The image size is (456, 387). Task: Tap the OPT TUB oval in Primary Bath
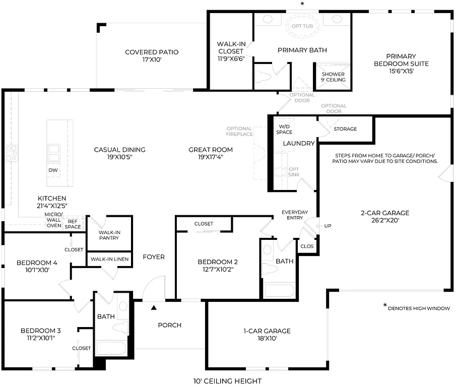click(x=303, y=26)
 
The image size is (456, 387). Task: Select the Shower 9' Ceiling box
click(x=333, y=77)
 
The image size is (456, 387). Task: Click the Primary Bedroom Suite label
click(x=401, y=64)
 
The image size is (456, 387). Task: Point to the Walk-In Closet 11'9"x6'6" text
click(x=231, y=51)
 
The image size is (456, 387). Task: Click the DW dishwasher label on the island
click(x=53, y=170)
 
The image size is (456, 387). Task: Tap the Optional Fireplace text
click(x=239, y=132)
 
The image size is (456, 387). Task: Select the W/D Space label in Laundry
click(x=284, y=129)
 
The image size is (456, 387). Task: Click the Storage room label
click(x=345, y=129)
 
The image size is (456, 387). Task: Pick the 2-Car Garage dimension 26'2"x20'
click(x=384, y=220)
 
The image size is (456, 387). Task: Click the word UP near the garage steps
click(x=328, y=226)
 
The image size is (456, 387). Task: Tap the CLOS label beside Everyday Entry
click(x=306, y=246)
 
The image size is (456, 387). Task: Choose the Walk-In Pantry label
click(x=109, y=235)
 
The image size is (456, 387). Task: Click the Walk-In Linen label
click(x=109, y=259)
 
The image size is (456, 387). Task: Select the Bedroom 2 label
click(x=217, y=262)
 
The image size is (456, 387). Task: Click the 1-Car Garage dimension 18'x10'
click(x=267, y=339)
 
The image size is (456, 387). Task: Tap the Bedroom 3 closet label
click(x=82, y=348)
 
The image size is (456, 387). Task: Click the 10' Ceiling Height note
click(x=227, y=381)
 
